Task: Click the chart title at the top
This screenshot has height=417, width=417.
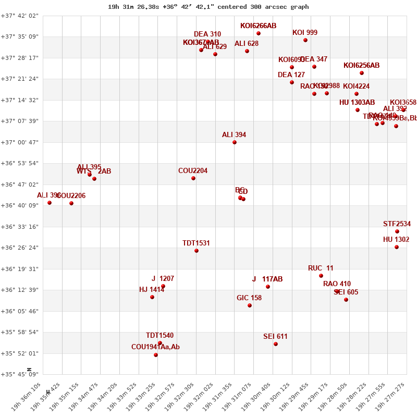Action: point(208,7)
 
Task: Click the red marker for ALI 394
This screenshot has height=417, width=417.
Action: point(235,142)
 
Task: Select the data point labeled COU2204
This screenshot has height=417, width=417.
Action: point(193,178)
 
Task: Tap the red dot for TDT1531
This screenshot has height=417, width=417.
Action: point(197,251)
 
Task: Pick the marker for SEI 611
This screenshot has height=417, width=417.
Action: point(276,344)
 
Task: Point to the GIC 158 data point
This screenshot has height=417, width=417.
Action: point(250,305)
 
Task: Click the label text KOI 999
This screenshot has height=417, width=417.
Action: point(305,32)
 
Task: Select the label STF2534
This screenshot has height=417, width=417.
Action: point(397,224)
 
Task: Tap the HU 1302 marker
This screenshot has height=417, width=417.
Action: point(397,247)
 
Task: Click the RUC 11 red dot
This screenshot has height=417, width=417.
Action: point(321,276)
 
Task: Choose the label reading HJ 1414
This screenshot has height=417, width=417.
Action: point(152,290)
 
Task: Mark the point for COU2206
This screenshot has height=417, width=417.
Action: point(71,203)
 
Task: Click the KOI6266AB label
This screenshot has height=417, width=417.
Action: point(259,26)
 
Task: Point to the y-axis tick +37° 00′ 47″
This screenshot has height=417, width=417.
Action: point(19,142)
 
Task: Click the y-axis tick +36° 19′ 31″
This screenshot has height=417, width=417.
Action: point(19,269)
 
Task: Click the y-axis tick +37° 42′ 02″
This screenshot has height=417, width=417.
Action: point(19,16)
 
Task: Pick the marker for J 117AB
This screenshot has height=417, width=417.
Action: point(268,287)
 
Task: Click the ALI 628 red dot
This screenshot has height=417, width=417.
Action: point(247,51)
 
